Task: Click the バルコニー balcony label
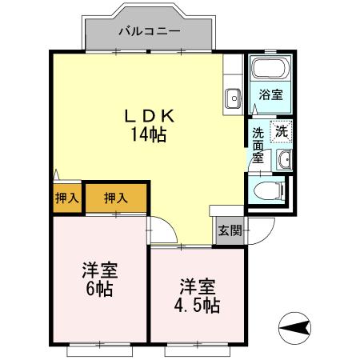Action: click(x=148, y=32)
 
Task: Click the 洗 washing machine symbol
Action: click(x=282, y=130)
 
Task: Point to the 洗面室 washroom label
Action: click(x=258, y=145)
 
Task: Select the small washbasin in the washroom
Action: click(x=284, y=160)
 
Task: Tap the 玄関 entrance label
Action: click(x=230, y=231)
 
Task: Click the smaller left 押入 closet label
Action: click(x=67, y=198)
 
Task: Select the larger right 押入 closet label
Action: click(x=116, y=198)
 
